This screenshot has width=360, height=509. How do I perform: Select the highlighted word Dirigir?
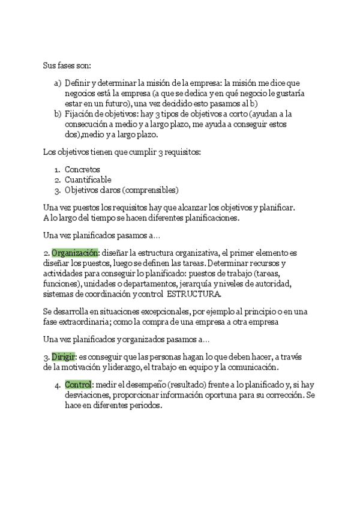point(64,357)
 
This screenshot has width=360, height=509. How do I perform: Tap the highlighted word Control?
point(78,384)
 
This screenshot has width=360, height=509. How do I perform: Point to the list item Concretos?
point(83,169)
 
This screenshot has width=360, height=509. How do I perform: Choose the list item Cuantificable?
point(88,179)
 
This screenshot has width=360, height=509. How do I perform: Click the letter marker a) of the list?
point(58,83)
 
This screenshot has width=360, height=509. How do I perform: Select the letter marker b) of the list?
point(58,113)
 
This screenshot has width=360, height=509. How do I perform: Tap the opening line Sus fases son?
point(67,65)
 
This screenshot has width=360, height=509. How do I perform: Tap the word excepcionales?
point(160,312)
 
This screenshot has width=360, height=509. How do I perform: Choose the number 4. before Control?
point(68,384)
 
